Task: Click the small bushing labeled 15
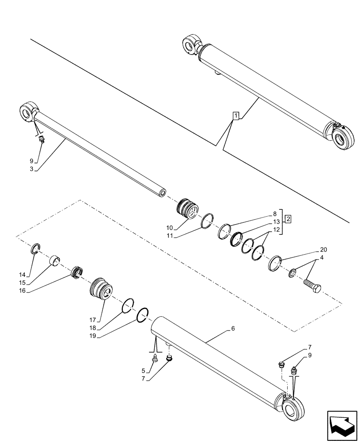click(x=55, y=260)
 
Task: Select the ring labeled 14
click(x=35, y=249)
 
